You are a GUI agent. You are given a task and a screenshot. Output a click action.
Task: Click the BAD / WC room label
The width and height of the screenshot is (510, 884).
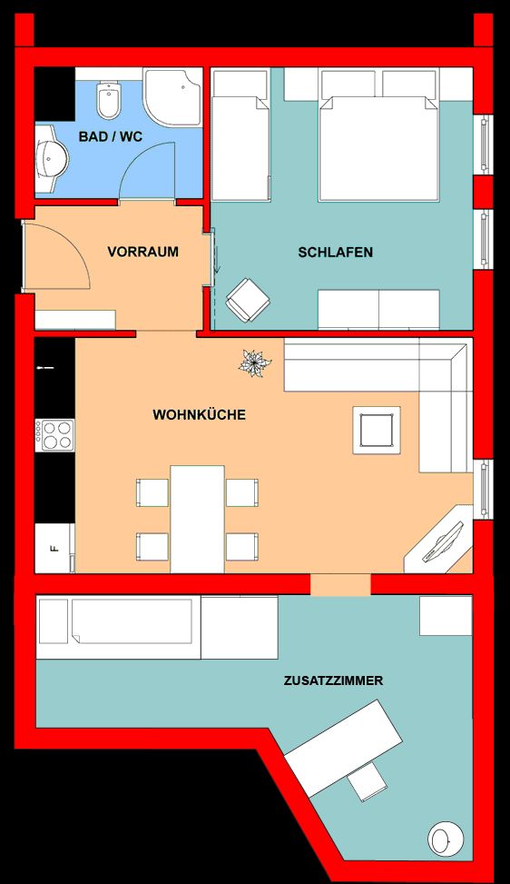[111, 136]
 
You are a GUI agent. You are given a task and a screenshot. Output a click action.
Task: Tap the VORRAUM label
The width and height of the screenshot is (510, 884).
[143, 252]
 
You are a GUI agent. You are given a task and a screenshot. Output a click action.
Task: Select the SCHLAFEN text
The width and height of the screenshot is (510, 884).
[336, 252]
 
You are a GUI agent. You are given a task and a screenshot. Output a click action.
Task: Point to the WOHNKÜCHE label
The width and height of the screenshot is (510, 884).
[200, 415]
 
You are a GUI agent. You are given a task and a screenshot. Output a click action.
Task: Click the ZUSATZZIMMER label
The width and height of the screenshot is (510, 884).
[333, 680]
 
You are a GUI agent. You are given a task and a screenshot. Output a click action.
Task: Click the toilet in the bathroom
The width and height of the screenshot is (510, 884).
[108, 100]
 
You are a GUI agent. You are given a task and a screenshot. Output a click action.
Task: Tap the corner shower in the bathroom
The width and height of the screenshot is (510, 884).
[172, 97]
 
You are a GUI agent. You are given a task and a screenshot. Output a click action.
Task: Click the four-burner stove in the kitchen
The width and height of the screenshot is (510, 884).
[54, 435]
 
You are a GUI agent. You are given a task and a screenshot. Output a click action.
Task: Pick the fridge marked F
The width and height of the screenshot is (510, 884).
[54, 548]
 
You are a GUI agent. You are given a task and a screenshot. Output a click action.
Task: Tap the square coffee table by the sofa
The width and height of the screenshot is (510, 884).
[377, 430]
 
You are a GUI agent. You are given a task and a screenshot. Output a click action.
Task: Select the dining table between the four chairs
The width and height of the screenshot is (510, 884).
[197, 519]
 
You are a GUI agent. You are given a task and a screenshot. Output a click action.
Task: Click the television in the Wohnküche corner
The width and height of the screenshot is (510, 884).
[443, 541]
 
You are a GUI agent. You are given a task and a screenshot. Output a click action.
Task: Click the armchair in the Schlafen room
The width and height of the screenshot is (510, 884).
[248, 301]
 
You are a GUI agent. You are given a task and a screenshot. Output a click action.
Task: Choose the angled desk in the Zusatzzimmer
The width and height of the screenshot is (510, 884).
[343, 740]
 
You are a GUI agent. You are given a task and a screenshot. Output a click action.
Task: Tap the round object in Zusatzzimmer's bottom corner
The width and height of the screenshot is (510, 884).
[446, 838]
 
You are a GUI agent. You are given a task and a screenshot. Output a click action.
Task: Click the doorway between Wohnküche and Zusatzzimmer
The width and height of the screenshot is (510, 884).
[340, 584]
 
